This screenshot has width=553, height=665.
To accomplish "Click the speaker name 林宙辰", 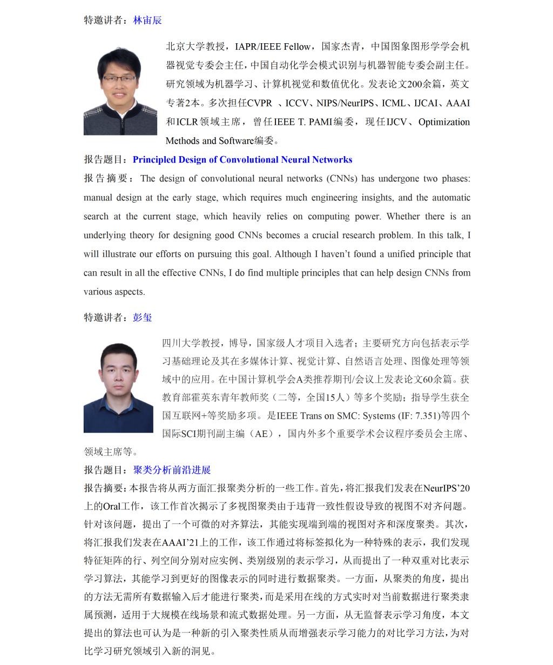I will pos(147,21).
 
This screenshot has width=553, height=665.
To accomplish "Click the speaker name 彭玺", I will pos(143,318).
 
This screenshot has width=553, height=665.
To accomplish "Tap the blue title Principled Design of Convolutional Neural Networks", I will pos(242,160).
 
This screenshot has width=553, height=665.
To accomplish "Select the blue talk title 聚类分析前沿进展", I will pos(172,470).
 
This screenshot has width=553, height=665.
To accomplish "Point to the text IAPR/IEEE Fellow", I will pos(273,47).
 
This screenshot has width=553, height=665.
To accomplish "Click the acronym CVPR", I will pos(259,103).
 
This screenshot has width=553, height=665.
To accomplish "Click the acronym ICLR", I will pos(187,122).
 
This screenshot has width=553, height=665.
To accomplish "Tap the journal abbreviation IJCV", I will pos(396,122).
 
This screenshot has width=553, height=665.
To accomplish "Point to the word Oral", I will pos(111,507).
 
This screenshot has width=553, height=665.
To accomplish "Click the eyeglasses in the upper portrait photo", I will pos(119,79).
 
